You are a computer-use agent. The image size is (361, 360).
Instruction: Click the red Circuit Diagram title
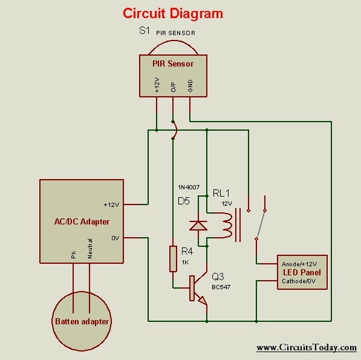[173, 13]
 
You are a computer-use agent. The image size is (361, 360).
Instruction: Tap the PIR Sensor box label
[173, 63]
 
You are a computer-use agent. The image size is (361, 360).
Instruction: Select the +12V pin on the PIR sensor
[157, 87]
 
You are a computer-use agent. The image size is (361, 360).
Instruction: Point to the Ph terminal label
[74, 255]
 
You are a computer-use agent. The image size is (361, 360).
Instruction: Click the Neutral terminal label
[90, 251]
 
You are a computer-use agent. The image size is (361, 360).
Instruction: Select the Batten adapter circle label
[82, 321]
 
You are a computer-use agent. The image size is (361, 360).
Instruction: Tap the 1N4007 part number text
[189, 186]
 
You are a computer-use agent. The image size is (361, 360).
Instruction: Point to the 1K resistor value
[185, 262]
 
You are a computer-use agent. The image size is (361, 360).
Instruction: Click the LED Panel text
[302, 272]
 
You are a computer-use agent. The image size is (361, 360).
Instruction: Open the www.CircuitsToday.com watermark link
[306, 347]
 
